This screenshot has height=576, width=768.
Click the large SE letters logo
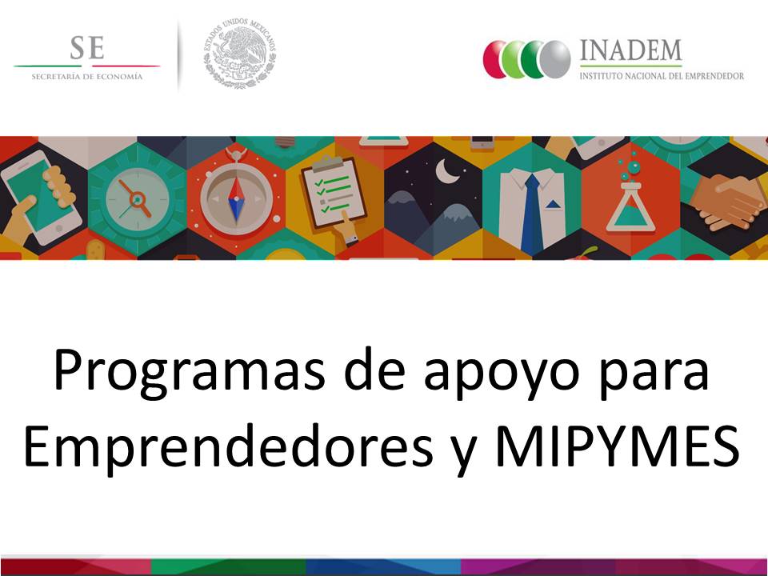coord(87,47)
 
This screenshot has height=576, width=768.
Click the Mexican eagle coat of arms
coord(239,54)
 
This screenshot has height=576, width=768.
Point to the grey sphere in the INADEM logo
coord(555,59)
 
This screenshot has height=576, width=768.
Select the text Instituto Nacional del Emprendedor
coord(662,76)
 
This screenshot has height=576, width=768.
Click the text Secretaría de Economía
coord(87,77)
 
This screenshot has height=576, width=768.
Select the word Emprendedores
coord(228,446)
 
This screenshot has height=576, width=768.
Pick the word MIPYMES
coord(617,446)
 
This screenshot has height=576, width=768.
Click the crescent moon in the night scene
coord(447,170)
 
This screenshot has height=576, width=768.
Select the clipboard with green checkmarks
coord(334,193)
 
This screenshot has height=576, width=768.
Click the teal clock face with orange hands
coord(138,199)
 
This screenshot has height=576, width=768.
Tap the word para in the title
coord(654,374)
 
